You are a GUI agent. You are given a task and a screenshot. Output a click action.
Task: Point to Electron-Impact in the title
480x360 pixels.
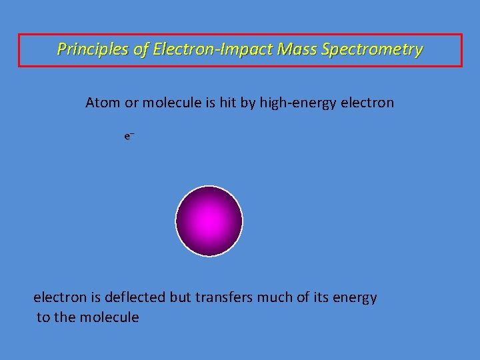213,49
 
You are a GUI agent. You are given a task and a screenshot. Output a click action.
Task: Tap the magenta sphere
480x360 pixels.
209,221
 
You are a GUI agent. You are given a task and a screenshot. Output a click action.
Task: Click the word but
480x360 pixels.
181,297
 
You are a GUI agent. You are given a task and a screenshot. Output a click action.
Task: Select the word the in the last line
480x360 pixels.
65,317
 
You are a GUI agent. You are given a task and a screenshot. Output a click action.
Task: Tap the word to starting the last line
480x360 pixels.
43,317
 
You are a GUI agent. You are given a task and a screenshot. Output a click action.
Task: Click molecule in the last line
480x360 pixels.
109,317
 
